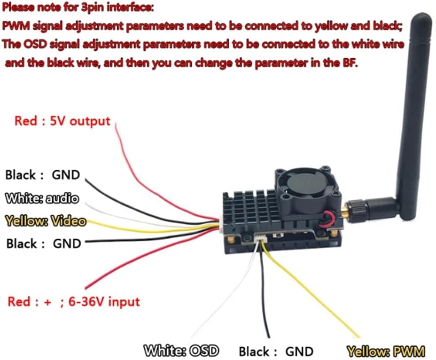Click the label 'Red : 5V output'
pyautogui.click(x=62, y=121)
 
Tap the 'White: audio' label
pyautogui.click(x=41, y=198)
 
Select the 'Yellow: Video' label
pyautogui.click(x=45, y=221)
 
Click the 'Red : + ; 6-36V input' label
pyautogui.click(x=73, y=301)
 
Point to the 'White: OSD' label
pyautogui.click(x=182, y=351)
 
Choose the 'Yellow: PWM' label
pyautogui.click(x=386, y=351)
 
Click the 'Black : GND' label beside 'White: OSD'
pyautogui.click(x=276, y=351)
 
